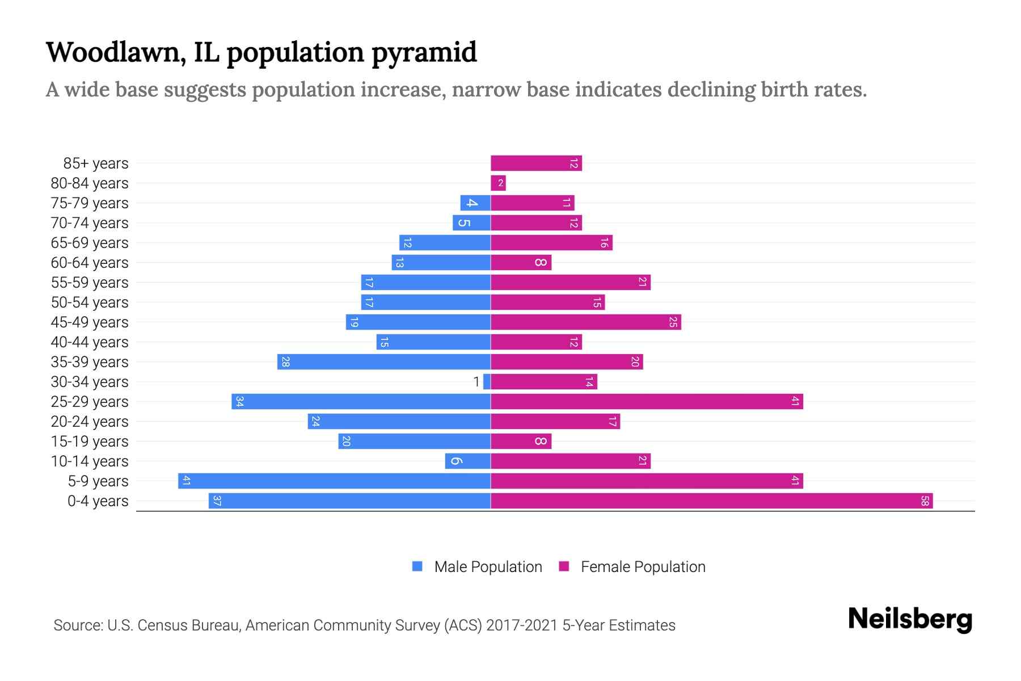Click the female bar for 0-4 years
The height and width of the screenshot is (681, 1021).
pos(711,501)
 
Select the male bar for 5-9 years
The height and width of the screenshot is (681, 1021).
pos(334,481)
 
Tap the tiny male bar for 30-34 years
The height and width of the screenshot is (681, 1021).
pos(487,382)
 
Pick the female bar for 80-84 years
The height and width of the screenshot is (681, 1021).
pos(498,183)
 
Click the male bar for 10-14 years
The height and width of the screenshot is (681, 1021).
pos(467,461)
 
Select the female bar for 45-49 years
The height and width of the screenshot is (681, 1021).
pos(585,322)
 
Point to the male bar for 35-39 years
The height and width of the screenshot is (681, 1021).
pos(383,362)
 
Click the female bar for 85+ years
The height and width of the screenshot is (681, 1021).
pos(536,163)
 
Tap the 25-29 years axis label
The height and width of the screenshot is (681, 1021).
pos(90,402)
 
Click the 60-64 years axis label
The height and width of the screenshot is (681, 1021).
pos(90,263)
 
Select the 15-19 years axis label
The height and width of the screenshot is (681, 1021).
pos(90,442)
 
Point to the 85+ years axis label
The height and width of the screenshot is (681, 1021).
pos(95,163)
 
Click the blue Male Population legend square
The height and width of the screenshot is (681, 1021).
pos(417,566)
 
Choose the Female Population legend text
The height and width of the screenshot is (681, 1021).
pos(643,567)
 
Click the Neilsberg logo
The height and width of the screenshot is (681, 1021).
pos(910,619)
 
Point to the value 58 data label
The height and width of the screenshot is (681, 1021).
pos(925,501)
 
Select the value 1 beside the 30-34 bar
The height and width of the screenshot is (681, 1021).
pos(476,382)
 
